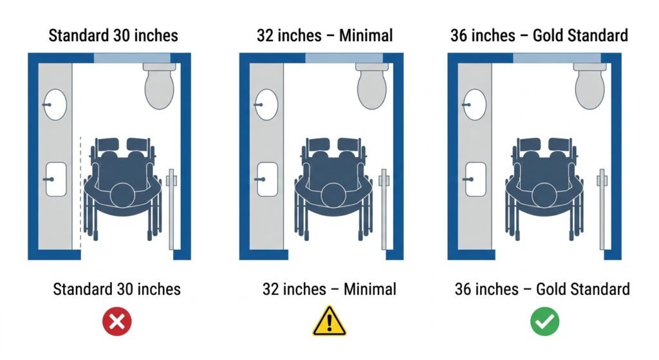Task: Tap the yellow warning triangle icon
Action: coord(329,321)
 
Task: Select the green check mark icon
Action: coord(544,321)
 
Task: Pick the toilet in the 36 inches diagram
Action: coord(591,85)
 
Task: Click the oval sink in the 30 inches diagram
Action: coord(55,104)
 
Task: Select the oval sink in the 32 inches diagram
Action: coord(267,104)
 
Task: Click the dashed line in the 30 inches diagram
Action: coord(80,193)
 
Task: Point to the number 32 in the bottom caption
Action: coord(274,289)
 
